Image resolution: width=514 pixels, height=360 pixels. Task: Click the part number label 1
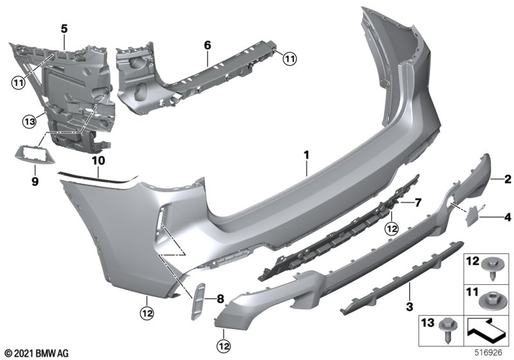tap(306, 154)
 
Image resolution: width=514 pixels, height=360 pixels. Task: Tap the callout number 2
tap(508, 179)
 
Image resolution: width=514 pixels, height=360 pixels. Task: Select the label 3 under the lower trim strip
tap(409, 307)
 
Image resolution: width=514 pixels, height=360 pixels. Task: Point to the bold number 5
tap(64, 29)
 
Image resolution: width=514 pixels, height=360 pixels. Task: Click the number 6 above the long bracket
tap(208, 45)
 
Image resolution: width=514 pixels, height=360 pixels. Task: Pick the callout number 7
tap(418, 203)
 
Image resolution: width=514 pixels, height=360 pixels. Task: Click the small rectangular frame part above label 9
tap(35, 155)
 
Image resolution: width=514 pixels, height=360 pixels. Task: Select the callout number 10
tap(98, 161)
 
